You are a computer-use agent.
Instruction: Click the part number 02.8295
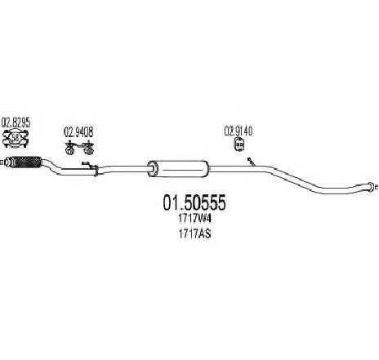tap(16, 122)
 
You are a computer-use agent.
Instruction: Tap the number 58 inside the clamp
tap(16, 138)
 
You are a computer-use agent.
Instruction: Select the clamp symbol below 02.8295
tap(16, 139)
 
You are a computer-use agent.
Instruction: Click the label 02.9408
tap(78, 132)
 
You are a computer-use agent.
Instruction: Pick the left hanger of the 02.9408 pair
tap(70, 147)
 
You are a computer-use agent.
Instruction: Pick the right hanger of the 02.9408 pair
tap(88, 147)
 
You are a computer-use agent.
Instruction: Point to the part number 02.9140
tap(239, 131)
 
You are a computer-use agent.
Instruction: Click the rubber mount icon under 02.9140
tap(239, 144)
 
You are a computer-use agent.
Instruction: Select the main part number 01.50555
tap(194, 202)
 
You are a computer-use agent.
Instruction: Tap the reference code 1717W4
tap(194, 219)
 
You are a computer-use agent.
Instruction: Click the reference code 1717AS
tap(194, 233)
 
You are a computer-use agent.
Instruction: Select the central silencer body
tap(178, 169)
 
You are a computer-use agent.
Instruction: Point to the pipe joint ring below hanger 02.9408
tap(96, 171)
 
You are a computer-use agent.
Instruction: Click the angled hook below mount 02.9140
tap(251, 162)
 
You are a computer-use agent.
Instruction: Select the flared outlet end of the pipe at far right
tap(369, 186)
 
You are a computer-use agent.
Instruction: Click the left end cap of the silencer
tap(153, 169)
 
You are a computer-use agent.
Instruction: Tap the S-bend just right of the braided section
tap(51, 166)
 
